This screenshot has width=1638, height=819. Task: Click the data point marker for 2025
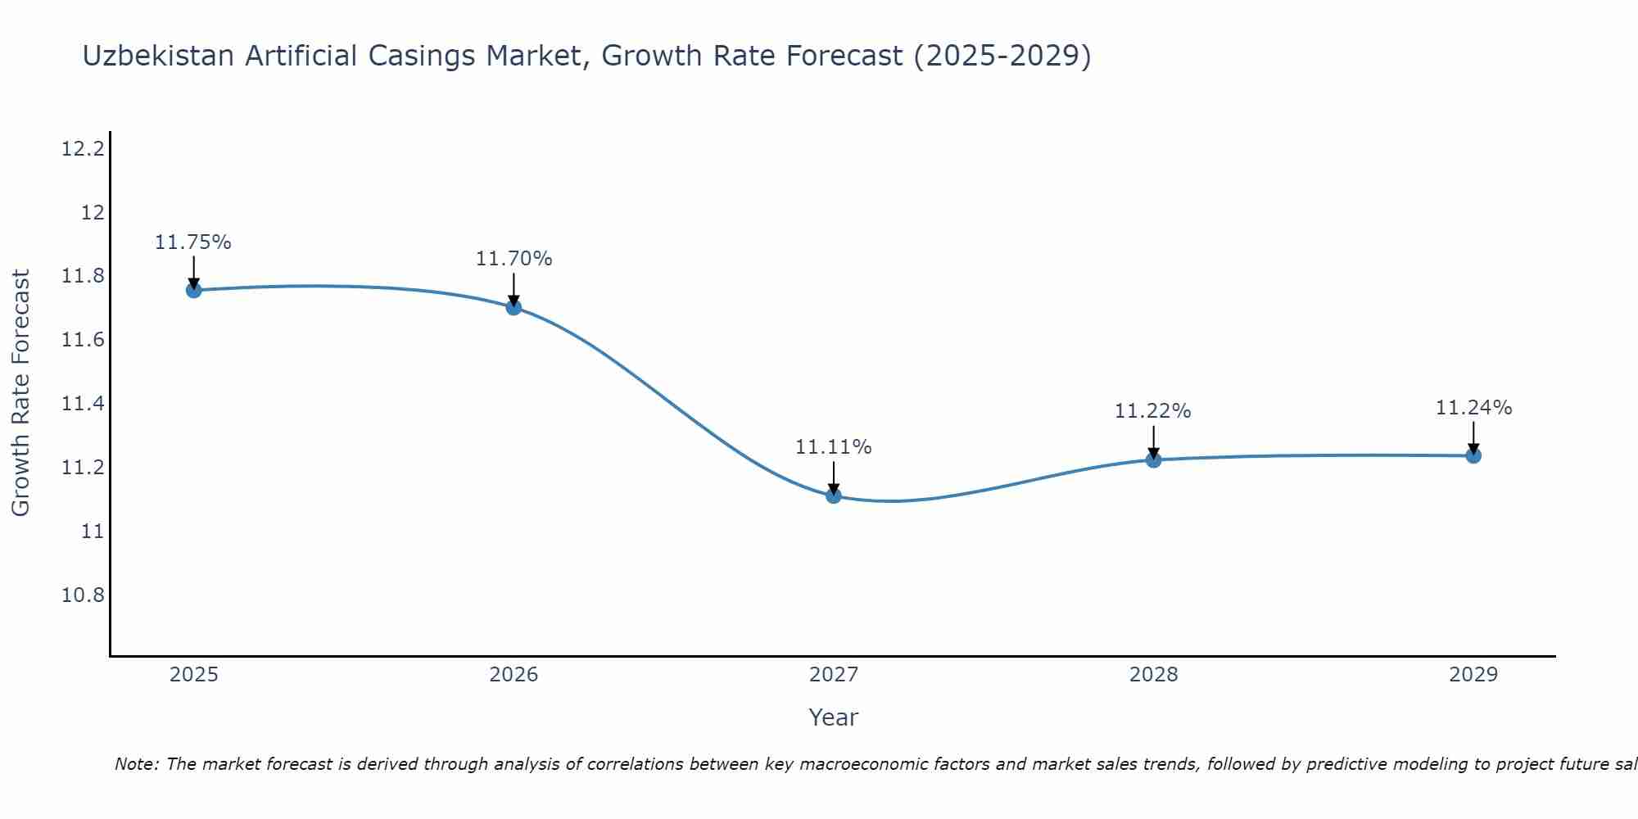(x=194, y=290)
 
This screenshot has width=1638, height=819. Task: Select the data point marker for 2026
(x=514, y=307)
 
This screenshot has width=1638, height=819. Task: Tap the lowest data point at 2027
(x=834, y=495)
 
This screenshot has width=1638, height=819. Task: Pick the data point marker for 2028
(x=1153, y=459)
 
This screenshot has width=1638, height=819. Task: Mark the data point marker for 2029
(x=1473, y=455)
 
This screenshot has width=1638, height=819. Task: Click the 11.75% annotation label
(x=193, y=242)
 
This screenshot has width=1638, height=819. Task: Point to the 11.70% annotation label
(x=514, y=259)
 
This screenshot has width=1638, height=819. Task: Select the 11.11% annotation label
(x=834, y=447)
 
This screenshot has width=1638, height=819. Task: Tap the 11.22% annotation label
(x=1152, y=411)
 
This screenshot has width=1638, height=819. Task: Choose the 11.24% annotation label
(x=1473, y=408)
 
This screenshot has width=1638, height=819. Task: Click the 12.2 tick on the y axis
(x=84, y=149)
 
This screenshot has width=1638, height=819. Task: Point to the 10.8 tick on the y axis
(x=84, y=595)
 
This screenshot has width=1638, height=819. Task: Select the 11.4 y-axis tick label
(x=84, y=404)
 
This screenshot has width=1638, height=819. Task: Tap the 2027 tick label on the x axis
(x=834, y=675)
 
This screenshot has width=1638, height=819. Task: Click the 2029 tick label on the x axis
(x=1473, y=675)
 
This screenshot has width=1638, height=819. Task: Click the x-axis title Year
(x=833, y=717)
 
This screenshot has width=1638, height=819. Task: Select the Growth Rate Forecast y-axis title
(x=21, y=393)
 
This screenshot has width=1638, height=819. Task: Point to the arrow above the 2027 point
(x=834, y=477)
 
